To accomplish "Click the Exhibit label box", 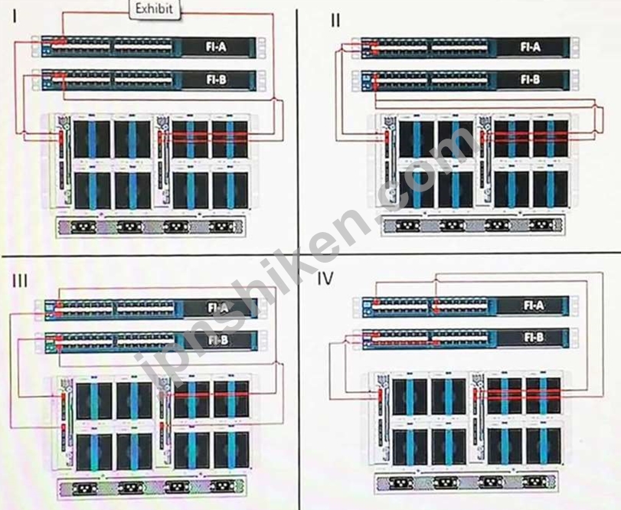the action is (155, 9).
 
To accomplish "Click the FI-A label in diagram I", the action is (216, 47).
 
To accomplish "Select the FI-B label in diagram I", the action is (216, 80).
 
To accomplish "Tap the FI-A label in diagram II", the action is (531, 47).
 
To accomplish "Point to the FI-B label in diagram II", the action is (531, 80).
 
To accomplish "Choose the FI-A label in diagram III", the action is (218, 307).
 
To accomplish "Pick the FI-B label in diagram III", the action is (218, 340).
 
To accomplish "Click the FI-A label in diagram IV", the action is (534, 306).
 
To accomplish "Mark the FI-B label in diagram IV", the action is (534, 338).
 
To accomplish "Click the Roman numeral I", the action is (15, 17).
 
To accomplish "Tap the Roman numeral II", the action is (335, 20).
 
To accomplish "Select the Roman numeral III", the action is (20, 280).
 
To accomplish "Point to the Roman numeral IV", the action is (325, 279).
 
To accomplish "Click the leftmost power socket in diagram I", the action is (83, 227).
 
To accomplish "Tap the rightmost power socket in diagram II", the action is (541, 226).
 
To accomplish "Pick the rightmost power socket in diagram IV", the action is (535, 483).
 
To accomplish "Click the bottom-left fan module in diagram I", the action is (93, 190).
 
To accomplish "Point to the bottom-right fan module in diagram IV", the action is (544, 447).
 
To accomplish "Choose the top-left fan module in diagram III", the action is (94, 399).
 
